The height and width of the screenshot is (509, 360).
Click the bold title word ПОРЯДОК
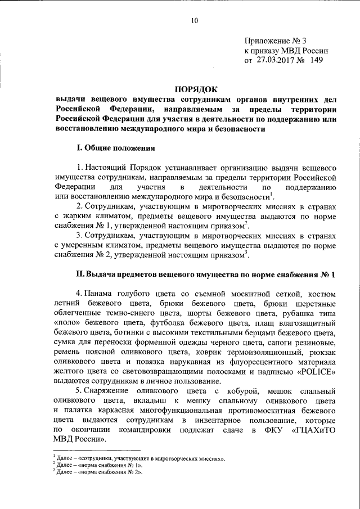pyautogui.click(x=195, y=89)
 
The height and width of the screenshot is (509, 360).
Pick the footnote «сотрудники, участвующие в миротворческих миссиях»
pyautogui.click(x=147, y=460)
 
